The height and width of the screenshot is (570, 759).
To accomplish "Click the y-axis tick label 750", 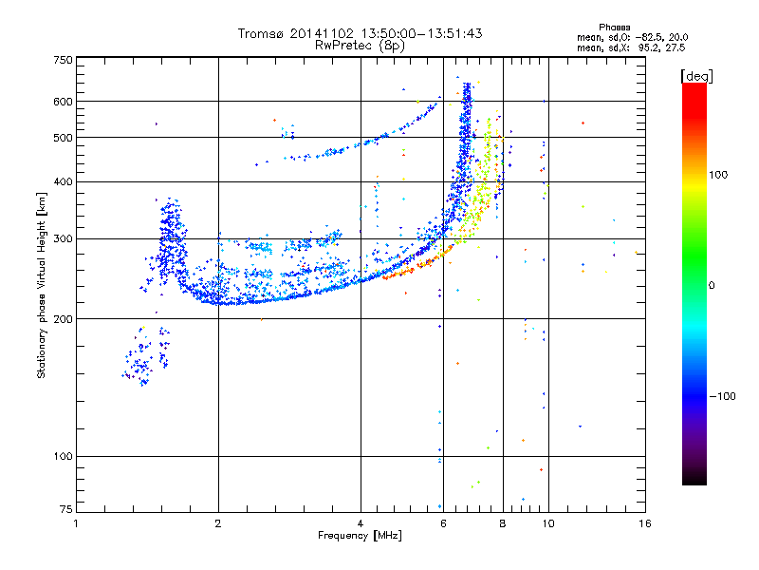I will coord(64,60).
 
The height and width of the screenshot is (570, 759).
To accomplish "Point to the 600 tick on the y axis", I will coord(64,102).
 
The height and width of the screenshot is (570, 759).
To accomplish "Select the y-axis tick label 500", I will coord(64,138).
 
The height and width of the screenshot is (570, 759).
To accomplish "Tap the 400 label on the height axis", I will coord(64,181).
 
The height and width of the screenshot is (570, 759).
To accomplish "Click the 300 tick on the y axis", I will coord(64,238).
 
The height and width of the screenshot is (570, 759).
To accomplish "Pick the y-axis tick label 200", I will coord(64,319).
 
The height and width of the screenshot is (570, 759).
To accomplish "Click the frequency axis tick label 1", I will coord(77,522).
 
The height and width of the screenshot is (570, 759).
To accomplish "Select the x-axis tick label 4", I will coord(361,522).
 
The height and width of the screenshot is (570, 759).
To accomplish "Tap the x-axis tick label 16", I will coord(644,522).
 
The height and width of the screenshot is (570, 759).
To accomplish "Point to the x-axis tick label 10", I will coord(547,522).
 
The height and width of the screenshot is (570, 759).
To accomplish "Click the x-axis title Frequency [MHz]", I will coord(361,536).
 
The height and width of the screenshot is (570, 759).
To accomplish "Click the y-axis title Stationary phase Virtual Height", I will coord(42,285).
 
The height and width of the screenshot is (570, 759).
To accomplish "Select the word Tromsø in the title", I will coord(262,33).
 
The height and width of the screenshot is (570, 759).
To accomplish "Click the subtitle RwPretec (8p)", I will coord(361,45).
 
